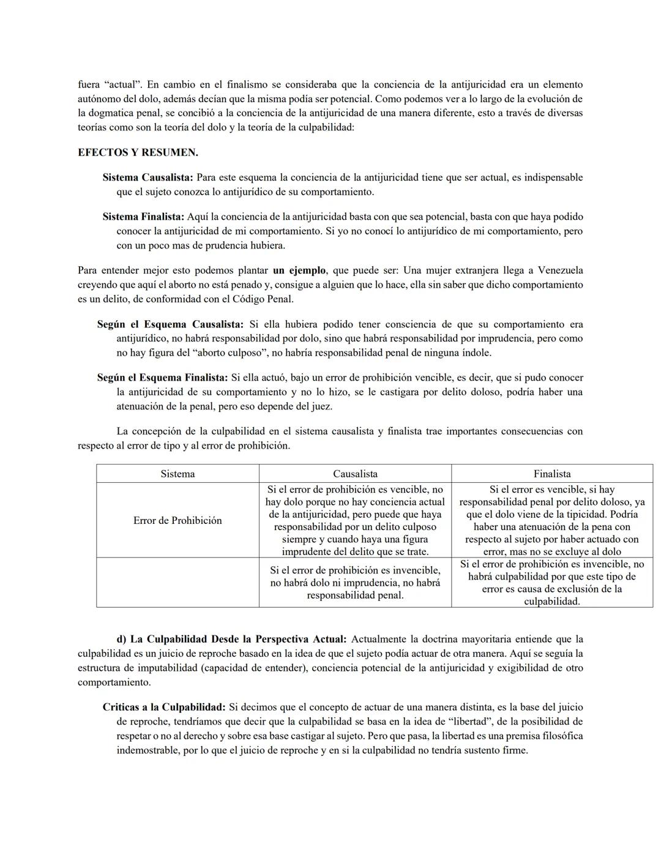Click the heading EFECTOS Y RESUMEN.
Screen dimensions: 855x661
138,152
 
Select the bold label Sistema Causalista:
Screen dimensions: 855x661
148,177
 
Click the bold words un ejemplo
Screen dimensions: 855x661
299,270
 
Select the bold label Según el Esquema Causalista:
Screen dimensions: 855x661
170,324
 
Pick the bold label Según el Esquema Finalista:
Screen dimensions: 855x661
162,378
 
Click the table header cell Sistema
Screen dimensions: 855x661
177,474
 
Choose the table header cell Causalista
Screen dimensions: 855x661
355,474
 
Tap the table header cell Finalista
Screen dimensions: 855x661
552,474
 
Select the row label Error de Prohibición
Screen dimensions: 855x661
177,520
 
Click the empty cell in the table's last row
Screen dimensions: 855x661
177,582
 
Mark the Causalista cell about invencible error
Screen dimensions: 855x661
355,582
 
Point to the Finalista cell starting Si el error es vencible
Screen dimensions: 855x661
552,520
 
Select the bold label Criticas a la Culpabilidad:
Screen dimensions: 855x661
164,708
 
